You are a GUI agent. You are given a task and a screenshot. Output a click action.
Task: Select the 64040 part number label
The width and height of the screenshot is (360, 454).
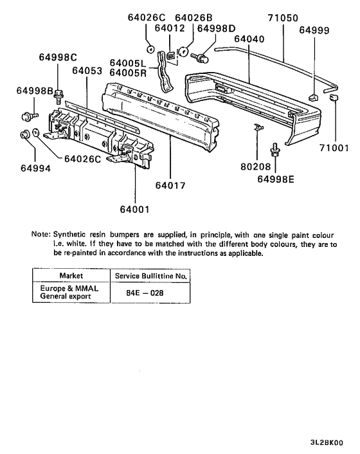tap(250, 39)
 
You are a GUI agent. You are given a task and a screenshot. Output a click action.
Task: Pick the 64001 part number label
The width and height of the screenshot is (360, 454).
tap(136, 209)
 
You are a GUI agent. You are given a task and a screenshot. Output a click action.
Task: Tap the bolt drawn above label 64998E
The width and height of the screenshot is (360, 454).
tap(275, 150)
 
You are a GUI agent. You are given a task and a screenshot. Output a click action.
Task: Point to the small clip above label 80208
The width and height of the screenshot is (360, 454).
tap(257, 127)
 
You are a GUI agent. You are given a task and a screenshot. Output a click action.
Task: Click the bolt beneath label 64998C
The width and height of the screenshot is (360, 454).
tap(59, 97)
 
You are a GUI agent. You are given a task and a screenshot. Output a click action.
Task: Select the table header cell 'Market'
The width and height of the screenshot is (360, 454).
tap(71, 275)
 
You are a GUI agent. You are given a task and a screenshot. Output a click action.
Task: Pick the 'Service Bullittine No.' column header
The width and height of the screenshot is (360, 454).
tap(150, 275)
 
